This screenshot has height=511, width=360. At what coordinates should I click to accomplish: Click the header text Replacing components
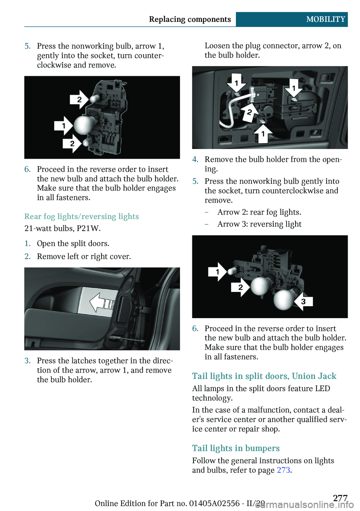190,20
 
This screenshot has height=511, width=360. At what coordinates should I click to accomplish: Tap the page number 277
340,498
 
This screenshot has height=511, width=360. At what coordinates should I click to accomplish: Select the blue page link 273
283,470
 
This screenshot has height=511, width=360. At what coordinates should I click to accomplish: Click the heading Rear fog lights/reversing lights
82,216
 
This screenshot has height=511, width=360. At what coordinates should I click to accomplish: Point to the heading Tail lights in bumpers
236,448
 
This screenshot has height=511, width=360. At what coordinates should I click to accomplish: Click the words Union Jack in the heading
314,376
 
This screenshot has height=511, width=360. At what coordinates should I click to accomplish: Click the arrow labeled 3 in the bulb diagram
303,301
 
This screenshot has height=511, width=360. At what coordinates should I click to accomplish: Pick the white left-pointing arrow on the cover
101,303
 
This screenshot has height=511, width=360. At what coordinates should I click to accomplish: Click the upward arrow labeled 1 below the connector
263,134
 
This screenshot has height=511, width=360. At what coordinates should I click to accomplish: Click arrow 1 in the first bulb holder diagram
63,126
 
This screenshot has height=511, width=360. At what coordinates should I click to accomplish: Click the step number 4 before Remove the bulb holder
195,159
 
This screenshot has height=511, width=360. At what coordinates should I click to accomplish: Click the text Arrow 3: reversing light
259,224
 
